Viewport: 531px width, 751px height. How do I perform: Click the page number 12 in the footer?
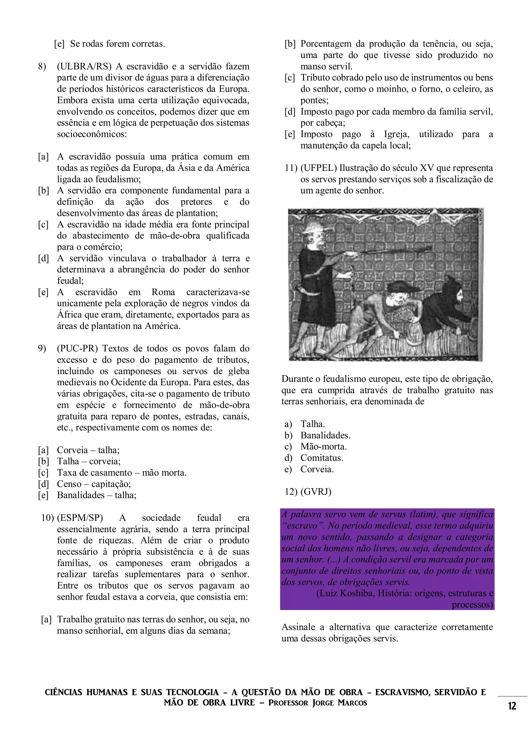512,706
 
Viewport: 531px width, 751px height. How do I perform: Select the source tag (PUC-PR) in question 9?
77,349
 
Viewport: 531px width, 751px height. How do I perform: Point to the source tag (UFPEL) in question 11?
318,169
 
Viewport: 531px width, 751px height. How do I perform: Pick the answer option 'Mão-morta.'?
324,447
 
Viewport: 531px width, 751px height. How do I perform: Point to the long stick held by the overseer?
393,251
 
